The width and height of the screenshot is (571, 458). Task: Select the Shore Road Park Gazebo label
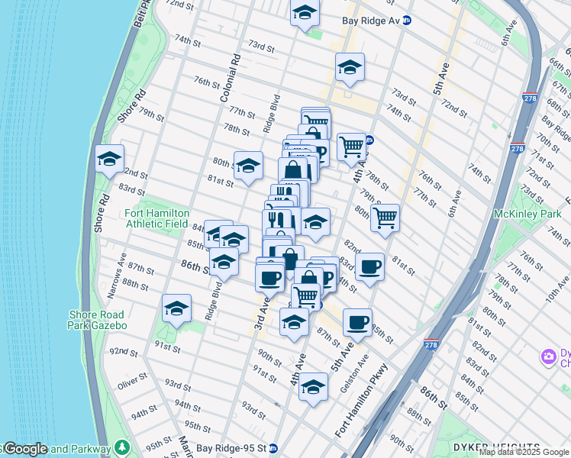(x=97, y=319)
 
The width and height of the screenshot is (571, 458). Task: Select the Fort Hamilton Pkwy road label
(x=362, y=402)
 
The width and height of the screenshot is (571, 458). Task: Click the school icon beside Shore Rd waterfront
(x=110, y=160)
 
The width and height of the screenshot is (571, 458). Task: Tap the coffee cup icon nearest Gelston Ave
(x=357, y=322)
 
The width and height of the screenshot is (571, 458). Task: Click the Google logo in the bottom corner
(x=25, y=449)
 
